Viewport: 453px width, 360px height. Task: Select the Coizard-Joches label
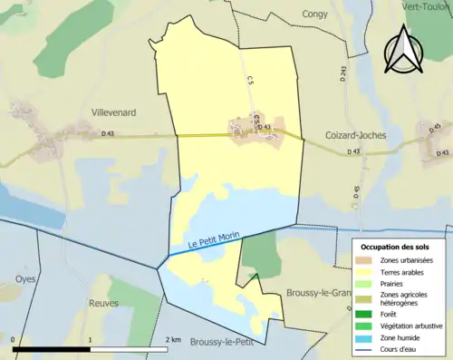(x=356, y=135)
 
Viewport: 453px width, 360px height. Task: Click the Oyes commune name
(x=25, y=279)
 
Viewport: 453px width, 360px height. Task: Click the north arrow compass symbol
(x=402, y=48)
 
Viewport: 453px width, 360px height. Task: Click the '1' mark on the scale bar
(x=90, y=339)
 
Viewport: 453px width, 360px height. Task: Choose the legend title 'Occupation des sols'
(x=397, y=247)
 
